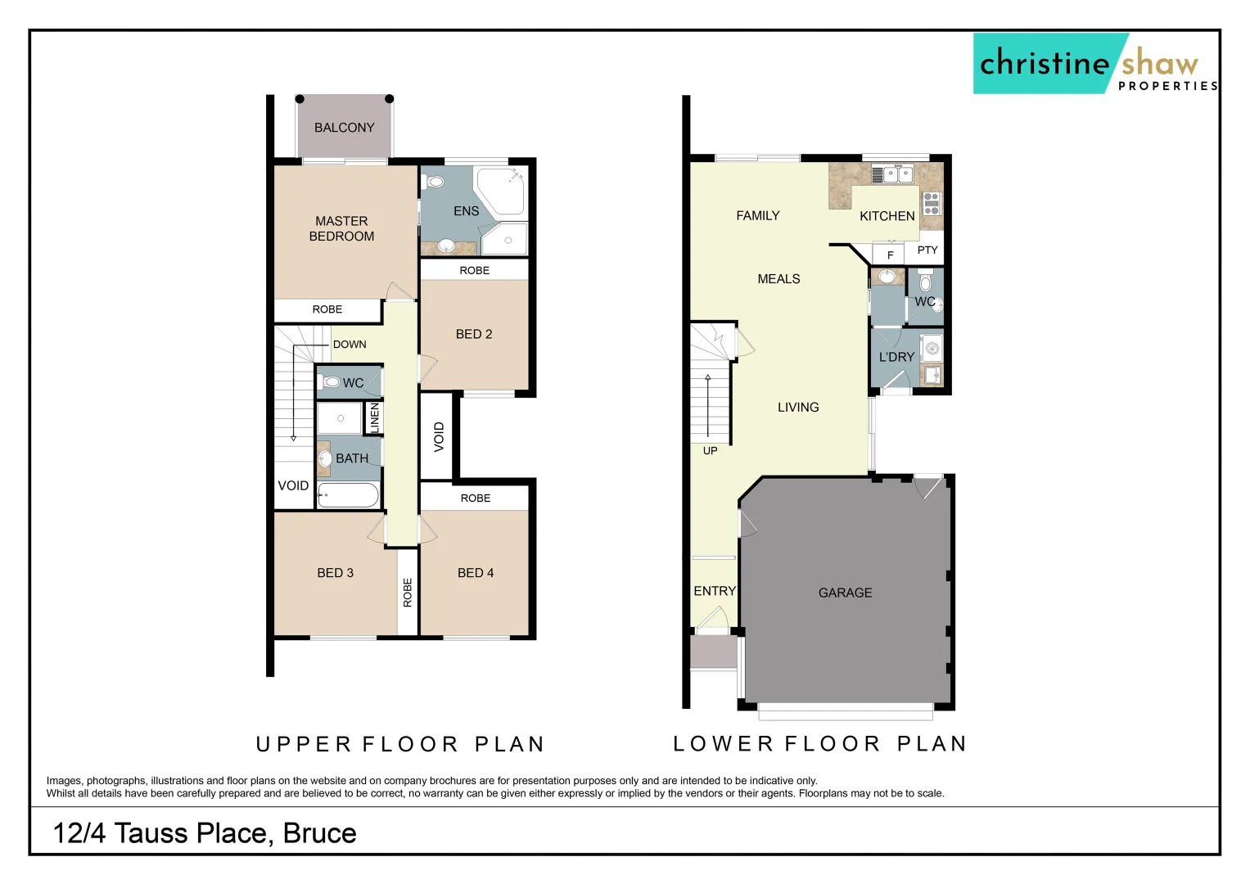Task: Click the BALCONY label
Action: (x=344, y=128)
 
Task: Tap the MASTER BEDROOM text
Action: (x=341, y=228)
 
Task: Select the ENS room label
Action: (x=466, y=211)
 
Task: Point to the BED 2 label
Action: (x=474, y=334)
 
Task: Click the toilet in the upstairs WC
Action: (x=331, y=382)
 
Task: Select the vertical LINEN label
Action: (x=375, y=417)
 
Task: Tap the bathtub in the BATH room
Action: (x=349, y=495)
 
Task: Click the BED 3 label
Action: (x=335, y=573)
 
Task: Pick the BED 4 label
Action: (x=476, y=573)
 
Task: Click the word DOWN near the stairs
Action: (x=350, y=345)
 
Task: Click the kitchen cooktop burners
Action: (x=932, y=203)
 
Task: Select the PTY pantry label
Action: (x=927, y=250)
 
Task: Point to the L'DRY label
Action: (x=896, y=358)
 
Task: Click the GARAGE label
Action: (x=845, y=593)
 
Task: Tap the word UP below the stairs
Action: (x=710, y=451)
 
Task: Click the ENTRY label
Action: (x=715, y=591)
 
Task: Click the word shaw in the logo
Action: (x=1159, y=63)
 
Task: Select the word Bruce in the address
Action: (x=319, y=833)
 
